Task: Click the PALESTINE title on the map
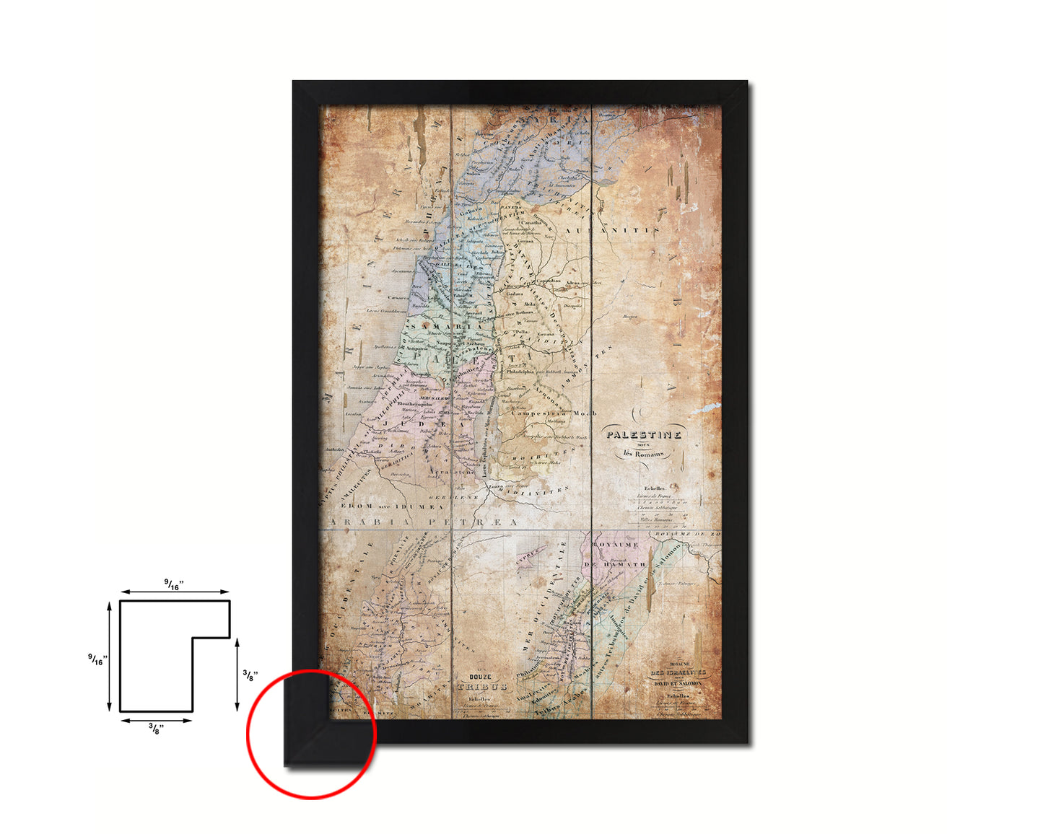(x=644, y=435)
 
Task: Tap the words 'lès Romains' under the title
(x=644, y=454)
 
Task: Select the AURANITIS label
(x=612, y=230)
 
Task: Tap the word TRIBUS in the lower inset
(x=481, y=688)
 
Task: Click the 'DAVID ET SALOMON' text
(x=677, y=682)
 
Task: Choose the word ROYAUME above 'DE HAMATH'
(x=615, y=545)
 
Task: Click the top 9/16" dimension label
(x=174, y=585)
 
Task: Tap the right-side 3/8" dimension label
(x=248, y=676)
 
